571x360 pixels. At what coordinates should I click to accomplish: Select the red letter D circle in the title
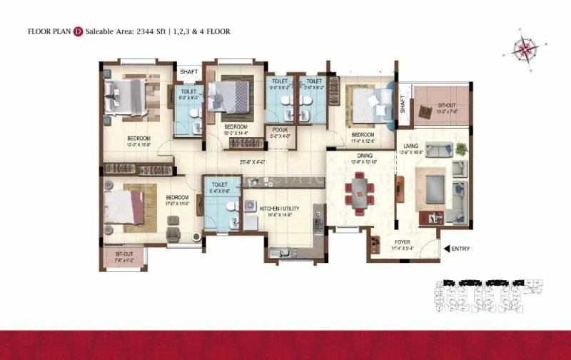(78, 31)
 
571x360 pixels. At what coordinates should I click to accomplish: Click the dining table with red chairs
(359, 193)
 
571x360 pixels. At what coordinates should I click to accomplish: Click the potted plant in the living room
(460, 149)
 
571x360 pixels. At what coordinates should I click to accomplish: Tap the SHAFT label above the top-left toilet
(188, 72)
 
